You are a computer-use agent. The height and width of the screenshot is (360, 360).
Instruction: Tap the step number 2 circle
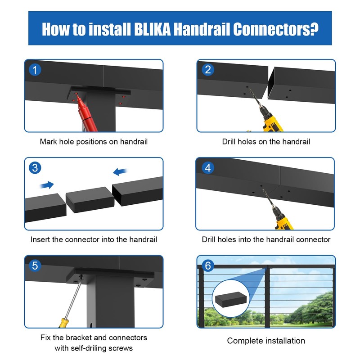(x=207, y=70)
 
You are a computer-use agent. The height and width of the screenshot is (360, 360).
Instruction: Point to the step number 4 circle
(x=207, y=168)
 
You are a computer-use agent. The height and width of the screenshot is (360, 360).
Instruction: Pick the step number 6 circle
(x=207, y=265)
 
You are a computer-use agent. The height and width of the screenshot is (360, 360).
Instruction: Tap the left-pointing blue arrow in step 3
(x=120, y=171)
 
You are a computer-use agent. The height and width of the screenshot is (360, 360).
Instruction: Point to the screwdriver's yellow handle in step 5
(x=63, y=322)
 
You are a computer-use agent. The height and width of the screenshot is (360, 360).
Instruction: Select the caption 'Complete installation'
(x=265, y=341)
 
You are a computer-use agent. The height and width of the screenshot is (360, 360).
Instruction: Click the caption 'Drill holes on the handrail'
(x=265, y=141)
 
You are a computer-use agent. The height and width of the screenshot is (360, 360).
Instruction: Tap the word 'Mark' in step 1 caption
(x=49, y=141)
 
